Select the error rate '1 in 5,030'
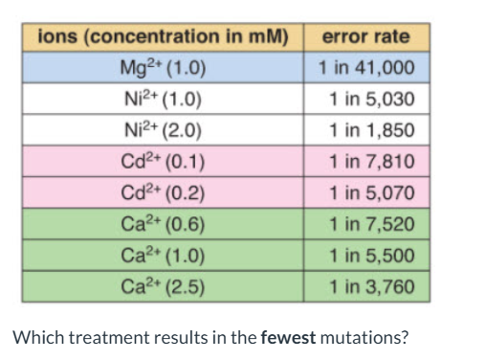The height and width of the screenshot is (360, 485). pos(370,100)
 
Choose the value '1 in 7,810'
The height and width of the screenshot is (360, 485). pos(370,163)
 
